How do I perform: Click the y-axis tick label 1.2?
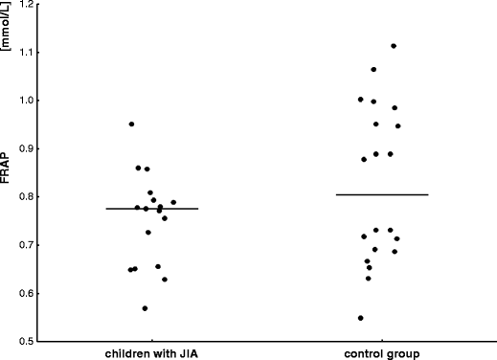click(x=25, y=4)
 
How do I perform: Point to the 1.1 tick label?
click(x=25, y=52)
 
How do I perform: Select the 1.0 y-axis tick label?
click(x=25, y=100)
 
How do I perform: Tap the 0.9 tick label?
click(x=25, y=148)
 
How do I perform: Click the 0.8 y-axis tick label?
click(x=25, y=196)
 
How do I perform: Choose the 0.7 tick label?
click(x=25, y=245)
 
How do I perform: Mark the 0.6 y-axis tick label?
click(x=25, y=293)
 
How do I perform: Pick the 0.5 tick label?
click(x=25, y=342)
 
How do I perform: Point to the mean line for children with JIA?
click(x=151, y=208)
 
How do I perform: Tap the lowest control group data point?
click(x=360, y=318)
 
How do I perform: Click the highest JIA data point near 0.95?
click(x=131, y=124)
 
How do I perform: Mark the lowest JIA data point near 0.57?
click(x=145, y=308)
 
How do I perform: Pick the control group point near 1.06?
click(x=373, y=70)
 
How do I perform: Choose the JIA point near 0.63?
click(x=165, y=280)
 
